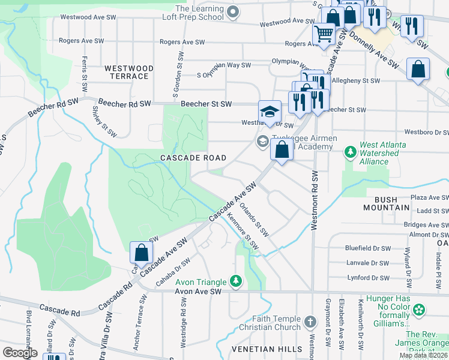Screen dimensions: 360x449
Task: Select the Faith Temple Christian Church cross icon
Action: tap(310, 322)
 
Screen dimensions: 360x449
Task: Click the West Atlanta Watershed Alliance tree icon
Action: tap(351, 153)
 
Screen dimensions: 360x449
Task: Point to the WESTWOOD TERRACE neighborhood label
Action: tap(127, 72)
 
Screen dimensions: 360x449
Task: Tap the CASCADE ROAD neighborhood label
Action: tap(193, 158)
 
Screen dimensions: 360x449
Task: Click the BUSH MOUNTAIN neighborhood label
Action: tap(386, 203)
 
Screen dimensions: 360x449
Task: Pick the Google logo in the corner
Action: tap(20, 352)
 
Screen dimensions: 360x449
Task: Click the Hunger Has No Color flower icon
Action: tap(419, 310)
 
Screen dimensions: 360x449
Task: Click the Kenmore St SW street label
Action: tap(243, 233)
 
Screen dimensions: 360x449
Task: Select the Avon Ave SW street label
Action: tap(198, 292)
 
